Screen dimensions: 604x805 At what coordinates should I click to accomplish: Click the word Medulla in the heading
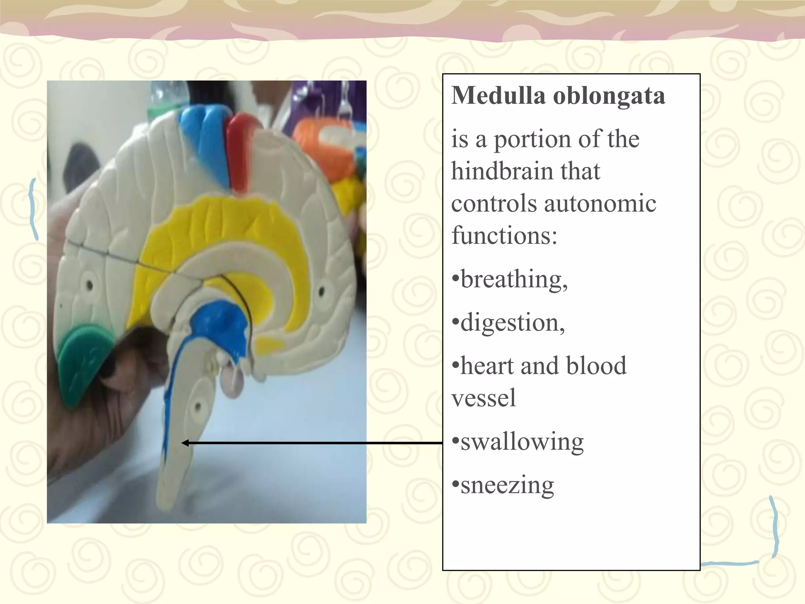(x=498, y=96)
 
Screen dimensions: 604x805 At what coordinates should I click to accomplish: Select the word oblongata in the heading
(x=609, y=96)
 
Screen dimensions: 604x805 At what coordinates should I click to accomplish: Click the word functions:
(x=504, y=236)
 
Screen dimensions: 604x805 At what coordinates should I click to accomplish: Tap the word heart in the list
(x=487, y=366)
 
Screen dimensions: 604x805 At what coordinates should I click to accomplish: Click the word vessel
(x=483, y=398)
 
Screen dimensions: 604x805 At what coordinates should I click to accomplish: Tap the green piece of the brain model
(x=81, y=362)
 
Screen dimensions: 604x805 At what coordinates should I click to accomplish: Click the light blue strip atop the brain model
(x=202, y=138)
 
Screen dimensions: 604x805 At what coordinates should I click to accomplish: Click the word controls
(x=494, y=204)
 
